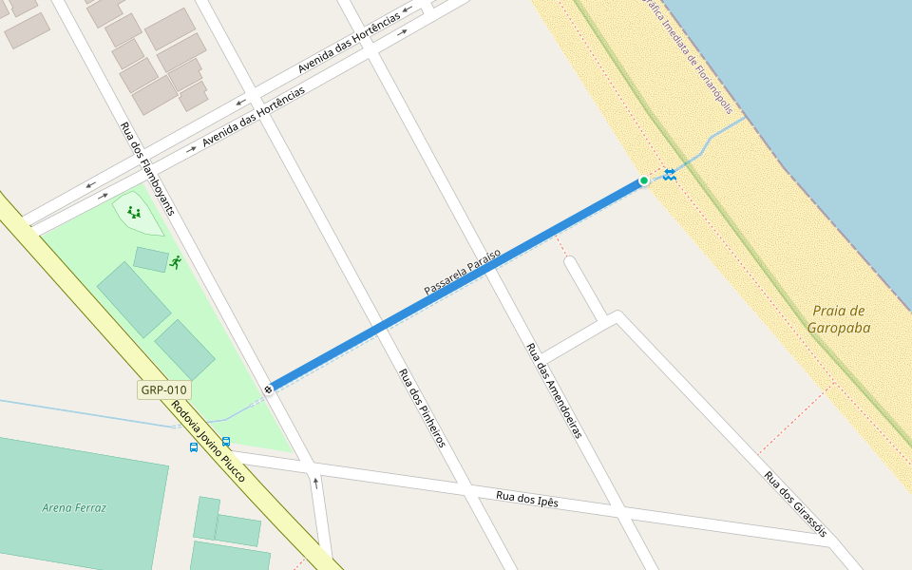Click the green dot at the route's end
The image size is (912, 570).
point(643,180)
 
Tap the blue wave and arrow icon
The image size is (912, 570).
point(669,174)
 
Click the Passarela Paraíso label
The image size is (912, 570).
point(462,271)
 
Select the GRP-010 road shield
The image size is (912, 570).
point(164,389)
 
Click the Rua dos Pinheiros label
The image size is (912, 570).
point(421,408)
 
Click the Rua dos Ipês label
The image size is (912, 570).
point(527,500)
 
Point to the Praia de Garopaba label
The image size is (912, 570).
point(839,319)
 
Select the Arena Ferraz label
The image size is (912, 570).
point(74,507)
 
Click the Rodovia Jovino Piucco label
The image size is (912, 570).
point(208,442)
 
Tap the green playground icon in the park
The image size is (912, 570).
point(134,213)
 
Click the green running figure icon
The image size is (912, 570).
point(175,262)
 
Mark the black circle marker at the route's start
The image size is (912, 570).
point(269,389)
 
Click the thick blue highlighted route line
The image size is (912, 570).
point(456,284)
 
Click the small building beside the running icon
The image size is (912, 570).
point(150,259)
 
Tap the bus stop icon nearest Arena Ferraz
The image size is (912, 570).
point(194,446)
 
